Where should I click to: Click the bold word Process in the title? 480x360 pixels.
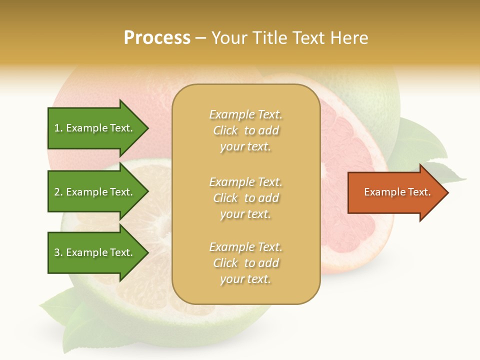(157, 38)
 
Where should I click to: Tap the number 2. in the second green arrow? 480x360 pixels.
(58, 192)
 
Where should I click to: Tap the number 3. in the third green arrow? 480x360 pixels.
(58, 252)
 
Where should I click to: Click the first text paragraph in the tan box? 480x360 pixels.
(245, 130)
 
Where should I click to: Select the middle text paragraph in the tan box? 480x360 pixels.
(245, 198)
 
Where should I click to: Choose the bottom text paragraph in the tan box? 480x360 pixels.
(245, 263)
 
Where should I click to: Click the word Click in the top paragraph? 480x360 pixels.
(225, 130)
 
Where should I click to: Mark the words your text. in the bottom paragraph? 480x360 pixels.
(245, 279)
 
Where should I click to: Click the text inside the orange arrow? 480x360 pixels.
(397, 192)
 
